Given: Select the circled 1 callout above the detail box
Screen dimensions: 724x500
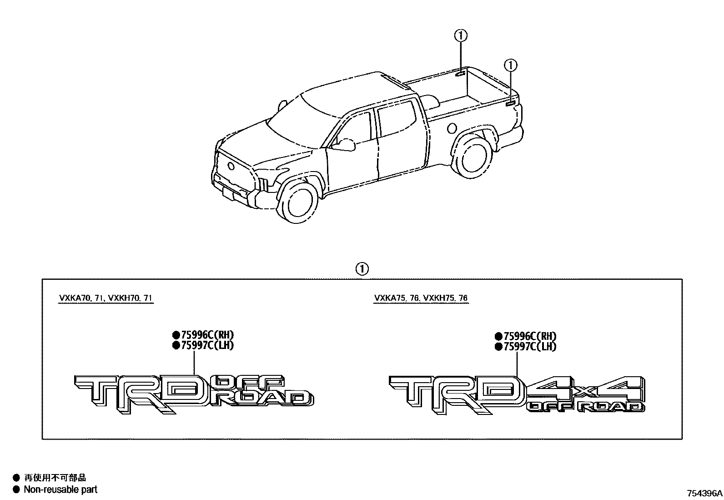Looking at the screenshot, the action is pos(362,269).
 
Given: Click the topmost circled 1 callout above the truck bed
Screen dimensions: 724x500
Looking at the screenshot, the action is pos(461,35).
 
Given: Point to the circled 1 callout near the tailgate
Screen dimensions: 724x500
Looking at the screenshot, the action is pos(511,66).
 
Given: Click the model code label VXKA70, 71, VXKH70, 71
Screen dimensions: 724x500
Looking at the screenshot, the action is pos(106,298).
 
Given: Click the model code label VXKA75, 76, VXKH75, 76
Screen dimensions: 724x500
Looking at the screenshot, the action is pos(421,298).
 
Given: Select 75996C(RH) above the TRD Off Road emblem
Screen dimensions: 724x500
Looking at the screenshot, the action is pos(204,335).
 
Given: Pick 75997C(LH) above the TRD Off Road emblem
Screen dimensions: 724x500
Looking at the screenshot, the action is pos(203,345).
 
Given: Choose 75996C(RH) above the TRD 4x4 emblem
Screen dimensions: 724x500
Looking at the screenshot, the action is pos(526,337).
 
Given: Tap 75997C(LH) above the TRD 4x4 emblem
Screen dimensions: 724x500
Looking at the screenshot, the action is pos(526,347).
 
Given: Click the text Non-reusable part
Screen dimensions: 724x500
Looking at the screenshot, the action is pos(60,490).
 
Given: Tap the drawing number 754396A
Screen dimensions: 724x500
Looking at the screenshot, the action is pos(704,493).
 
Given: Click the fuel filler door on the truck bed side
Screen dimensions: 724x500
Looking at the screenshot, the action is pos(451,128).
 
